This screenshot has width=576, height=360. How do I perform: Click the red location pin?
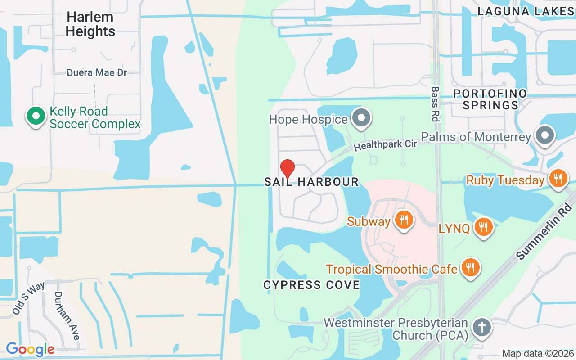click(x=288, y=169)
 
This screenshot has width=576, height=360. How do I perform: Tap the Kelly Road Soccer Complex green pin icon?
click(x=36, y=117)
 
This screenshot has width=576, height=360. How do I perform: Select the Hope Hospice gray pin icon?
click(x=361, y=119)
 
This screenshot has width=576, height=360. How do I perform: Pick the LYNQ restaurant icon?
click(x=484, y=227)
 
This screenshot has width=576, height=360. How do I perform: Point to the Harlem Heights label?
click(x=90, y=24)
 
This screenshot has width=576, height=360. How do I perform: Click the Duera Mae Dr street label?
click(x=97, y=72)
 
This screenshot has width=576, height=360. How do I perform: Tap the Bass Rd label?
click(x=435, y=104)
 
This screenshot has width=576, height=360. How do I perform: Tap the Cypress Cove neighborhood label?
click(x=311, y=285)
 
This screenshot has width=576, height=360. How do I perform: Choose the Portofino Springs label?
click(x=490, y=99)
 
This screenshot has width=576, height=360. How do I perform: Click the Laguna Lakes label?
click(x=526, y=12)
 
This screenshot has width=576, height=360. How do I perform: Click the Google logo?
click(x=30, y=349)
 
